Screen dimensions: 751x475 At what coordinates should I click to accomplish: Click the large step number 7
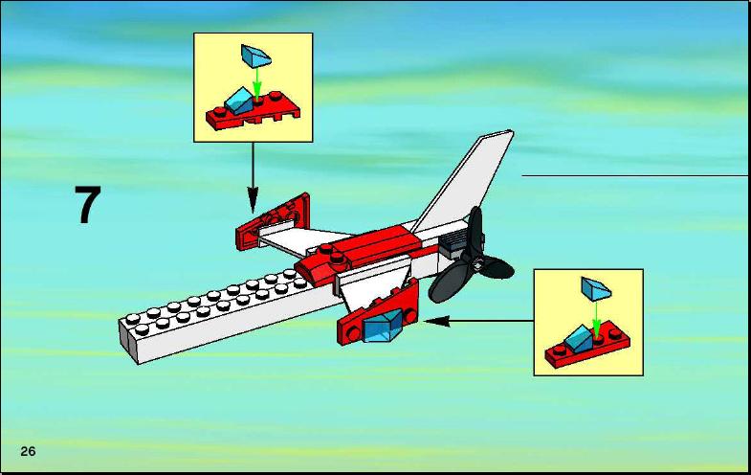click(88, 205)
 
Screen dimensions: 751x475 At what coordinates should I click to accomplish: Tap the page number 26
click(28, 451)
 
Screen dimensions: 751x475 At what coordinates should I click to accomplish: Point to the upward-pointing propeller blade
click(475, 233)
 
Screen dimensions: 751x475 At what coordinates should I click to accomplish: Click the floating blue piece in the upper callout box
click(255, 56)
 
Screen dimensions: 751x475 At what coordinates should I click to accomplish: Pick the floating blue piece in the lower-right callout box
click(596, 288)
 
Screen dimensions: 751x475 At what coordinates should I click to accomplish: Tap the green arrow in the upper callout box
click(257, 82)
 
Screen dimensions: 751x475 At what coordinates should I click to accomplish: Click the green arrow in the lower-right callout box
click(596, 317)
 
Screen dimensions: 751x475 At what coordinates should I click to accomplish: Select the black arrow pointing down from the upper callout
click(253, 178)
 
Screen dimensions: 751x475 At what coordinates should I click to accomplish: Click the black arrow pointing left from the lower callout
click(479, 321)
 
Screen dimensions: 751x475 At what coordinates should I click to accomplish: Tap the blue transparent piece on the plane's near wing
click(383, 326)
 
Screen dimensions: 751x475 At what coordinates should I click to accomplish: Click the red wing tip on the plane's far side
click(274, 221)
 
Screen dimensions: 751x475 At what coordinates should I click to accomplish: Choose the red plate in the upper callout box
click(253, 113)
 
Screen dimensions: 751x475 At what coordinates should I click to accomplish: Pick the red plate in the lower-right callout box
click(587, 345)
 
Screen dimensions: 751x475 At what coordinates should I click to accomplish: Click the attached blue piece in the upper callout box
click(238, 101)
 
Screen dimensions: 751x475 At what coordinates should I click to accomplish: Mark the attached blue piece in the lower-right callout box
click(579, 338)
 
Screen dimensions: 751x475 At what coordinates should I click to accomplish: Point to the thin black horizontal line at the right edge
click(634, 176)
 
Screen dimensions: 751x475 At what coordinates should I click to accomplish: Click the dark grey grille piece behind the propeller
click(455, 243)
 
